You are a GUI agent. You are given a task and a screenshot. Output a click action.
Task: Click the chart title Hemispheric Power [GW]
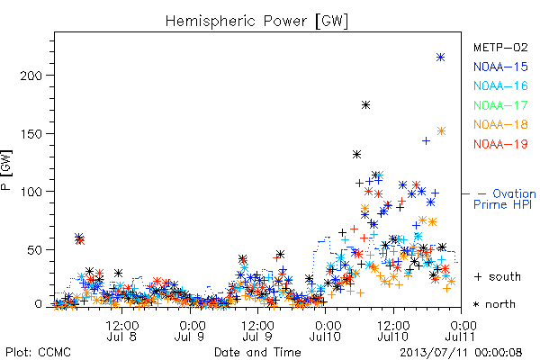click(256, 21)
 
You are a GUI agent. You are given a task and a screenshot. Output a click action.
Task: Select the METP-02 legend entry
click(500, 47)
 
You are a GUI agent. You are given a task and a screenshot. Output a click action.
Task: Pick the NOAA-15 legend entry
click(500, 67)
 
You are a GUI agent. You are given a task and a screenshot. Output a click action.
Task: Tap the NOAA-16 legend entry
click(500, 85)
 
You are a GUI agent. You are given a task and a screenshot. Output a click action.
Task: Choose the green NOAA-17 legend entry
click(500, 105)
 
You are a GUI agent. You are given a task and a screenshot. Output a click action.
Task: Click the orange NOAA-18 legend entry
click(500, 124)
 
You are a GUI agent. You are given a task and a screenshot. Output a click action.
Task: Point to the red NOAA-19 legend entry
click(500, 144)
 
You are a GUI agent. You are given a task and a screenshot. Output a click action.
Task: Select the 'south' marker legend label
click(505, 276)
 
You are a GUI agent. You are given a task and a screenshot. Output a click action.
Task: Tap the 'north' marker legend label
click(500, 304)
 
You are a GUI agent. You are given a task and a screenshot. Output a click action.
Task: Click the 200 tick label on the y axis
click(31, 76)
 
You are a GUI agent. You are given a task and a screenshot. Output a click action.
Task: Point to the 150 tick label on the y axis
click(31, 134)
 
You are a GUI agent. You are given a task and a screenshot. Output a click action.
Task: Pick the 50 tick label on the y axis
click(35, 250)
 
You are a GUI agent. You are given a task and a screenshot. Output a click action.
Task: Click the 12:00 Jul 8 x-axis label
click(121, 330)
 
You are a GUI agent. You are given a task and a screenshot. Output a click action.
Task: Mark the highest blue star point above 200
click(440, 58)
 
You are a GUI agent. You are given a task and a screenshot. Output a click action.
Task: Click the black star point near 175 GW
click(365, 104)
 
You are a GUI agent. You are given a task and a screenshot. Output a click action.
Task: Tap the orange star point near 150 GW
click(442, 130)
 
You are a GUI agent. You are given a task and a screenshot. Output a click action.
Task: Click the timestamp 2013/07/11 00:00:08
click(461, 353)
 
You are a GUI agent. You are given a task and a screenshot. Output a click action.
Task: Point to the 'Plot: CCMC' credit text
click(38, 353)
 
